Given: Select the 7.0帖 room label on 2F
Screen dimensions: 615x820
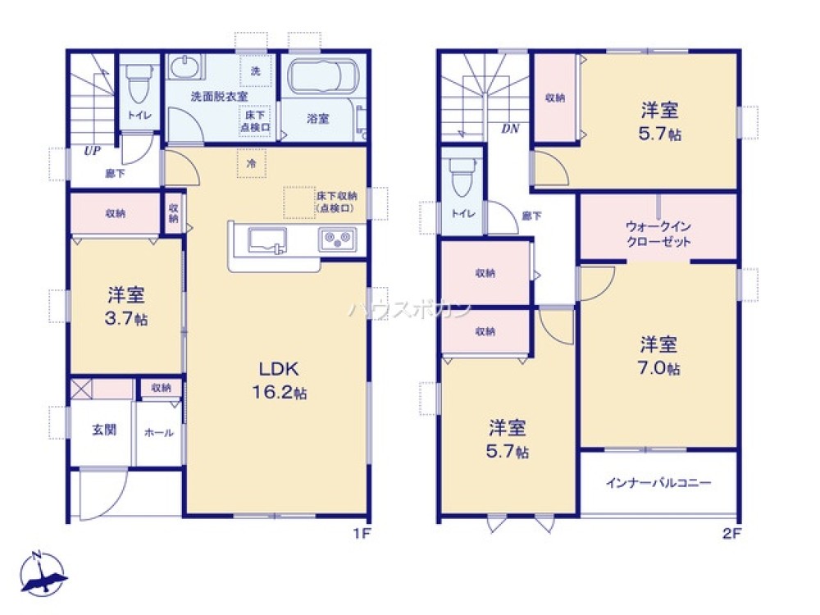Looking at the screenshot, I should point(659,355).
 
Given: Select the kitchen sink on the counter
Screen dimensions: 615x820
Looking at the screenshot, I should point(266,239).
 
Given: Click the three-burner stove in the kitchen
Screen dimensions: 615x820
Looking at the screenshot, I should point(338,239).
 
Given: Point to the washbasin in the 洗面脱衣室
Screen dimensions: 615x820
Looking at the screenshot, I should point(188,67).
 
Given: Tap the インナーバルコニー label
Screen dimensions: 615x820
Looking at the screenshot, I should point(659,483).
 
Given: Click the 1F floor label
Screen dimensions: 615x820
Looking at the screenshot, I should point(362,534).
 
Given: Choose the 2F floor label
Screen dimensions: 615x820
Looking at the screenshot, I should point(731,534).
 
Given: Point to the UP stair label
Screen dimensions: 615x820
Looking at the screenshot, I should point(91,151).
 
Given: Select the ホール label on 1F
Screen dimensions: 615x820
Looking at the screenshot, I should point(158,432).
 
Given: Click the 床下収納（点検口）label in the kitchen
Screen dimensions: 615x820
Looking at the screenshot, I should point(335,202).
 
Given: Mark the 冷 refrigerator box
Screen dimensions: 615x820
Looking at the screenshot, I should point(252,163).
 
